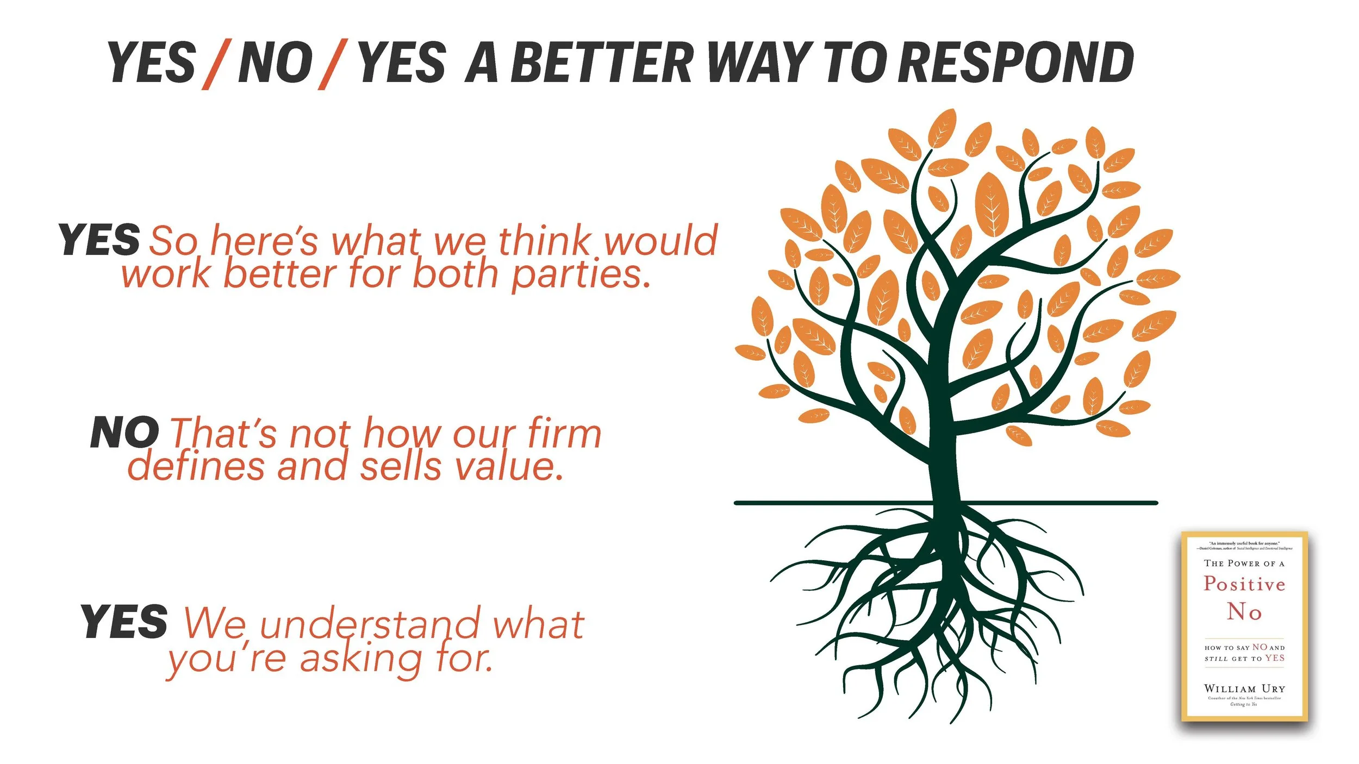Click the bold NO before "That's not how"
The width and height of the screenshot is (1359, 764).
pyautogui.click(x=124, y=433)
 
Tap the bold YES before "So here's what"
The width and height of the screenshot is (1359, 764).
pyautogui.click(x=99, y=240)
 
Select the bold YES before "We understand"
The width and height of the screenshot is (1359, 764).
pyautogui.click(x=124, y=622)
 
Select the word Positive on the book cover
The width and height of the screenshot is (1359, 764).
pyautogui.click(x=1244, y=584)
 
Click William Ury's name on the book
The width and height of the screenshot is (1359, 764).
pyautogui.click(x=1244, y=688)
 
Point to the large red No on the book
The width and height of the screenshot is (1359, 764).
pyautogui.click(x=1244, y=612)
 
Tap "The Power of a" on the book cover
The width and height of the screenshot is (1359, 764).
pyautogui.click(x=1244, y=563)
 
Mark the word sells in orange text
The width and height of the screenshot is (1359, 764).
pyautogui.click(x=400, y=466)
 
